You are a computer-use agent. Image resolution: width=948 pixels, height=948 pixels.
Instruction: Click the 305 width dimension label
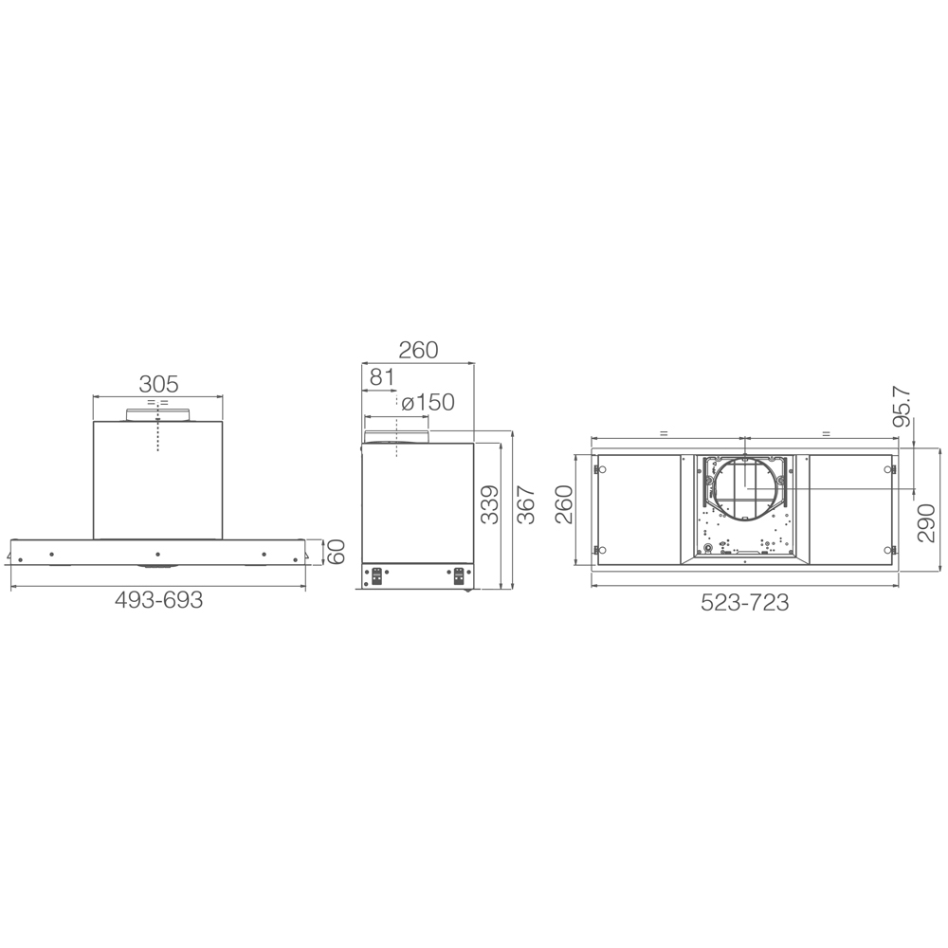pyautogui.click(x=158, y=384)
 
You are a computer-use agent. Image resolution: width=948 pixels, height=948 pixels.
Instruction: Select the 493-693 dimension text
pyautogui.click(x=158, y=600)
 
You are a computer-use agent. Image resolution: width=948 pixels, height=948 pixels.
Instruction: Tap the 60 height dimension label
pyautogui.click(x=336, y=552)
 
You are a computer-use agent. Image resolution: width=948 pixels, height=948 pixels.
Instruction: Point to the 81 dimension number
pyautogui.click(x=381, y=377)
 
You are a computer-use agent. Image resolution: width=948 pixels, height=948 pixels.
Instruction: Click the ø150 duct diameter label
pyautogui.click(x=428, y=403)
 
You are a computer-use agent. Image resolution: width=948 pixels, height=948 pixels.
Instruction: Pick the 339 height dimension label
pyautogui.click(x=490, y=505)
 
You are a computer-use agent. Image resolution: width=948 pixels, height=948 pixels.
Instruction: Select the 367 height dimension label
pyautogui.click(x=526, y=505)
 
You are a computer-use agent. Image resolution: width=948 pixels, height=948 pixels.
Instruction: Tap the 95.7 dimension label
pyautogui.click(x=902, y=407)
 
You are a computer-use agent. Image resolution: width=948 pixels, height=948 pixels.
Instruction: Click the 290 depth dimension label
pyautogui.click(x=926, y=523)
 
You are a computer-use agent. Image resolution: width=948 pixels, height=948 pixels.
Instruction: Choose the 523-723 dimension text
pyautogui.click(x=745, y=602)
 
